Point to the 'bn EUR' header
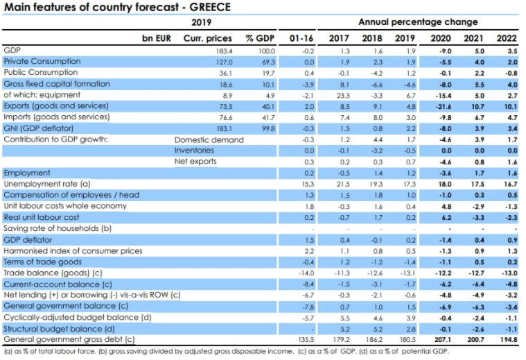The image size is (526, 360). coord(157,38)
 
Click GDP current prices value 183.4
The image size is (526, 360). coord(222,51)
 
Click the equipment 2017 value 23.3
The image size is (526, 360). coord(340,95)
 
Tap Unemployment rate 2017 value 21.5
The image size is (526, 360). coord(340,184)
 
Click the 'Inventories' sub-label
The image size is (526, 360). coord(194,150)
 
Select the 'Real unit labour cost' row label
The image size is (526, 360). coord(42,217)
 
